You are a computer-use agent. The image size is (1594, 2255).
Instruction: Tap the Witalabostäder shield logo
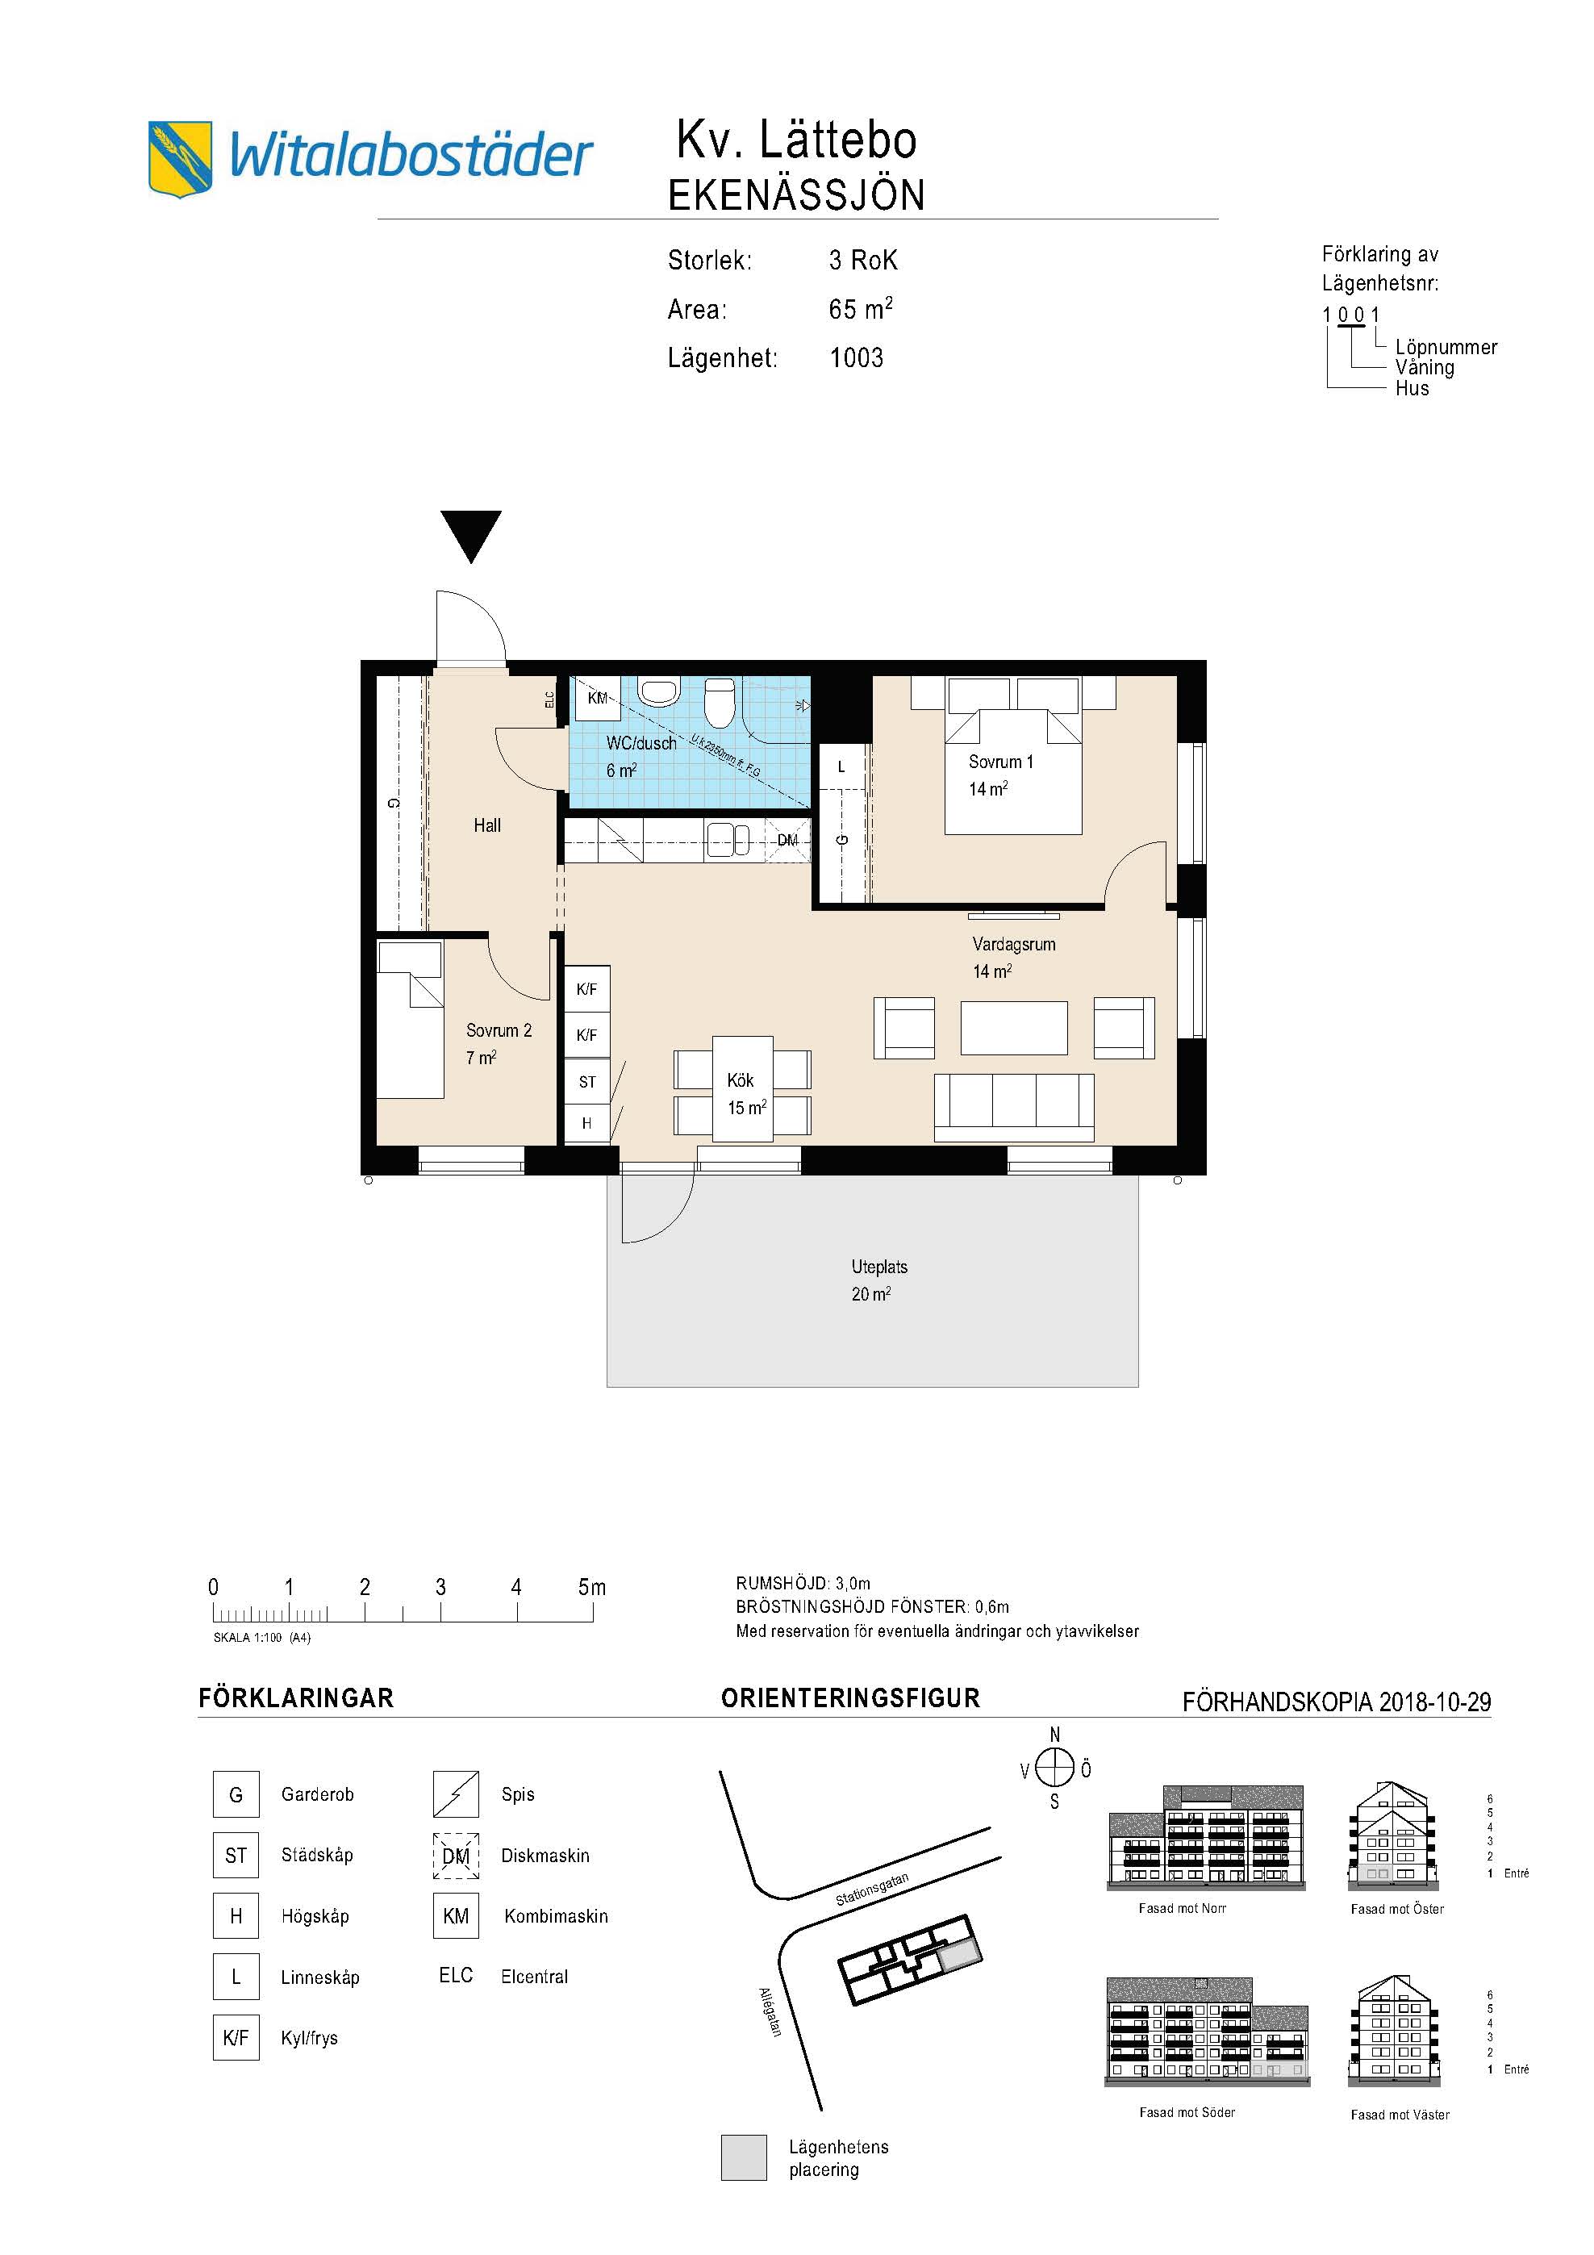(x=180, y=159)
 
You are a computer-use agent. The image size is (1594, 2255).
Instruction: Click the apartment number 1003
(x=857, y=357)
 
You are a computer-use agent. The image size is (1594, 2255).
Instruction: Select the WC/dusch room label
(x=641, y=744)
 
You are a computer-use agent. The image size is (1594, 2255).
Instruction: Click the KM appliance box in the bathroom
(x=598, y=699)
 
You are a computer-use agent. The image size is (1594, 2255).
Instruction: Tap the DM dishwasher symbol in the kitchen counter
(x=787, y=841)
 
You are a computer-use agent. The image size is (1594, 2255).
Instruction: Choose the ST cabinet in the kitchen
(x=587, y=1081)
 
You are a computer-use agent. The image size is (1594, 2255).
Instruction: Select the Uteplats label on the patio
(x=879, y=1267)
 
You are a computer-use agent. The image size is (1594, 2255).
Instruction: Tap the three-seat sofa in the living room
(x=1013, y=1107)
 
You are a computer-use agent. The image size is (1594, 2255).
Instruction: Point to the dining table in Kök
(x=742, y=1088)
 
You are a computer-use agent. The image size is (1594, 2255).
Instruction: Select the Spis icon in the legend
(x=456, y=1794)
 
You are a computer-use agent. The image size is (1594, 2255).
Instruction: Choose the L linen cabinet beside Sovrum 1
(x=841, y=767)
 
